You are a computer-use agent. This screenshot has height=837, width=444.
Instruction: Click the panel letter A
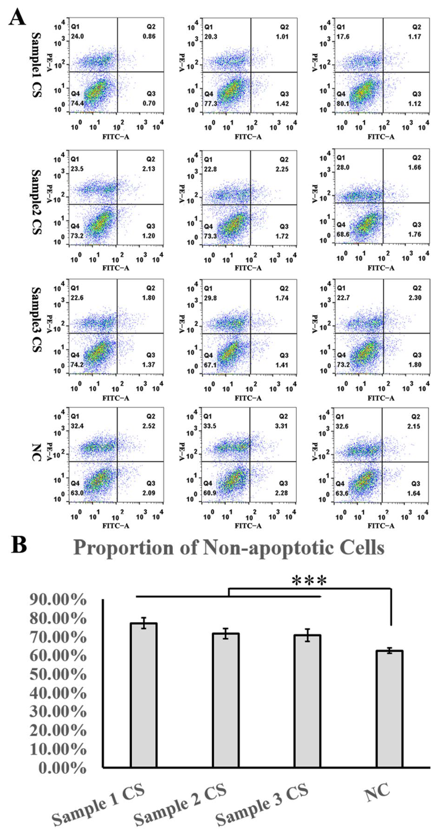(17, 17)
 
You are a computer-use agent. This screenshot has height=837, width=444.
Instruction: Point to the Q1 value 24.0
(77, 36)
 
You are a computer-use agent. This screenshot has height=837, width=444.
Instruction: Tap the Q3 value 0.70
(149, 103)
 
